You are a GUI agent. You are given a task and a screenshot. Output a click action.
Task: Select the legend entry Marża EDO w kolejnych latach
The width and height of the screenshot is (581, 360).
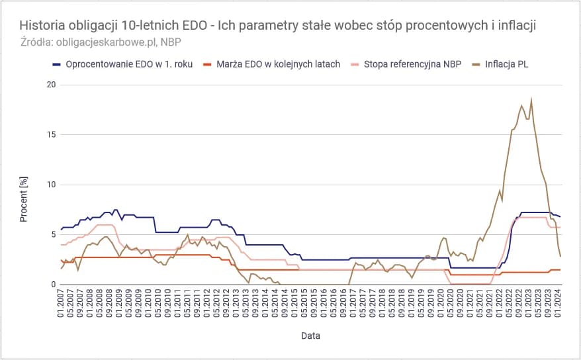[x=278, y=64]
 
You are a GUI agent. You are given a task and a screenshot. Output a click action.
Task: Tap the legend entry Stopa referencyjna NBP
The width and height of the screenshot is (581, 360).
[x=411, y=64]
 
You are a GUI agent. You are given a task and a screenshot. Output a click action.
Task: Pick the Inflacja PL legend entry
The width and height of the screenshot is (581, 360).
[x=506, y=64]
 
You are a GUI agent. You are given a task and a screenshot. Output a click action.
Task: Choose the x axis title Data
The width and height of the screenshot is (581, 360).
[x=310, y=336]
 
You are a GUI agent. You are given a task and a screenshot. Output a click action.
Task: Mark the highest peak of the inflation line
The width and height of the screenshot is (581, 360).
[x=531, y=100]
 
